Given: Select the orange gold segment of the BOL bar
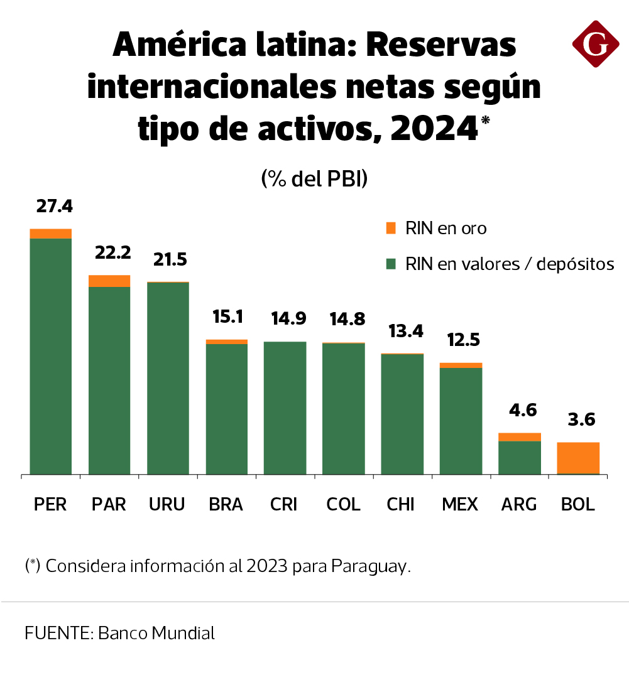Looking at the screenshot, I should (x=577, y=458).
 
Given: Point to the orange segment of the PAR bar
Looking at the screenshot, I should (x=109, y=281).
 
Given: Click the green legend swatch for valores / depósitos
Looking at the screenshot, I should (x=391, y=264).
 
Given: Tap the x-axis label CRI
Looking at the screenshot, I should (x=284, y=504).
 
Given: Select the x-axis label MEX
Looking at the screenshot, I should (x=460, y=504).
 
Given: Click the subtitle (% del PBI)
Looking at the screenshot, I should (x=314, y=179).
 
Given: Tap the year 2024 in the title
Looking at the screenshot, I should (x=433, y=128).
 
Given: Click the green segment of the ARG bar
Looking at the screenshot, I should (x=520, y=458).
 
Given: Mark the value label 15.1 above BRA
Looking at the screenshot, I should (x=227, y=316).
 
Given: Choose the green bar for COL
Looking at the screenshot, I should (x=344, y=408).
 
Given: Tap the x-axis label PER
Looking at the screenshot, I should (x=50, y=504).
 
